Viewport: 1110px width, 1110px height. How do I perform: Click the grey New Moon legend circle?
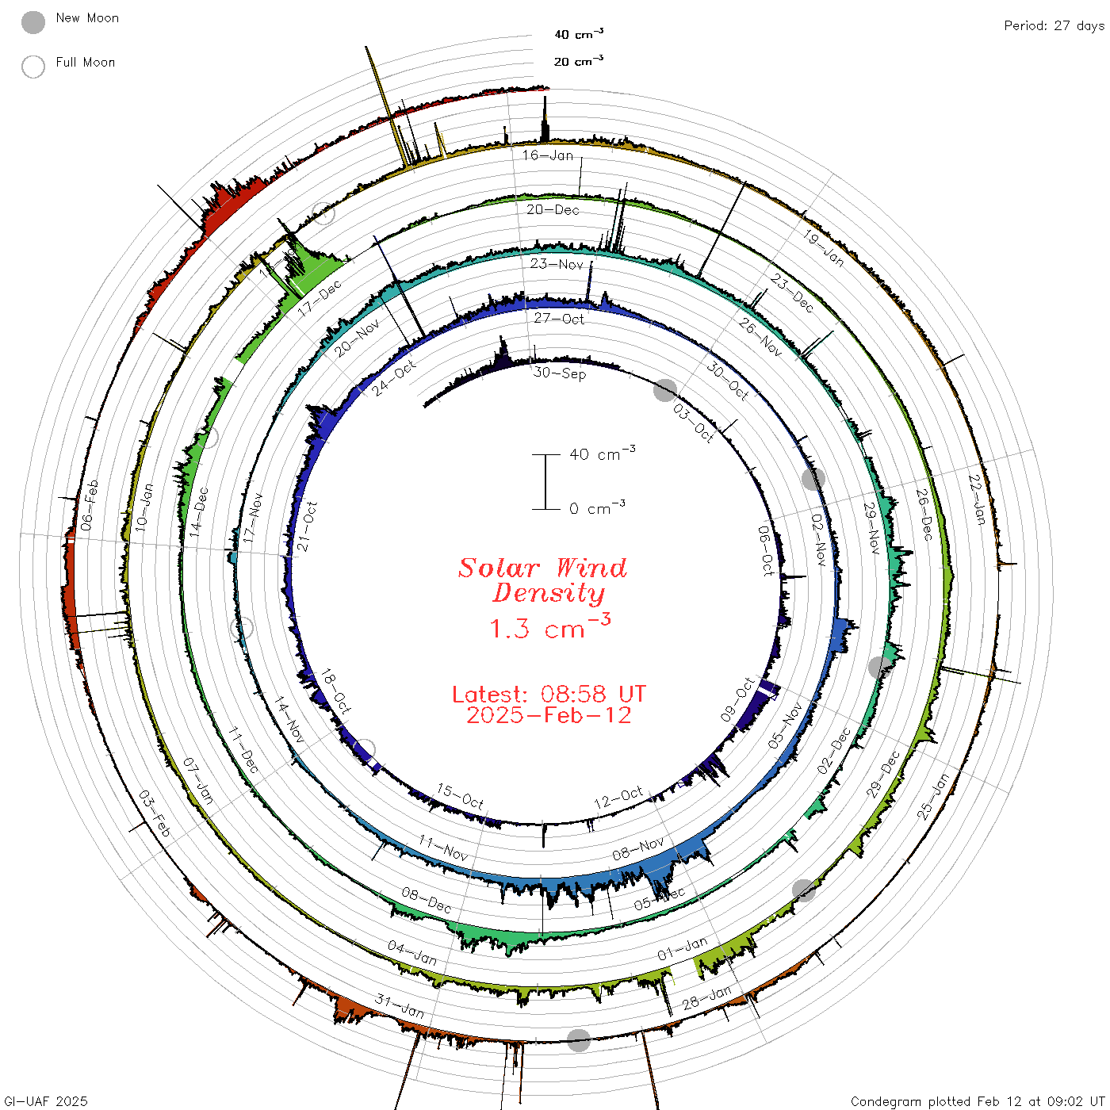click(x=33, y=22)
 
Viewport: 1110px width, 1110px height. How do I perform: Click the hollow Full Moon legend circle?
click(x=33, y=67)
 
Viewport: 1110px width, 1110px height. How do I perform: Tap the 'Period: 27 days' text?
click(x=1054, y=26)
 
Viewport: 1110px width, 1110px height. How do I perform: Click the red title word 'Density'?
click(x=549, y=593)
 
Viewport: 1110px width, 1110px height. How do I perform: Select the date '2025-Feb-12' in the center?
click(x=549, y=715)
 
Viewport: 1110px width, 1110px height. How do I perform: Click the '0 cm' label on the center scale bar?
click(x=597, y=508)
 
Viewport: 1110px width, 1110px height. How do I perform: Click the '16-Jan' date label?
click(x=548, y=155)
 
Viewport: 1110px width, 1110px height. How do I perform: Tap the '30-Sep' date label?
click(x=559, y=373)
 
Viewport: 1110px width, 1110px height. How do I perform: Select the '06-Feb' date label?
click(x=90, y=505)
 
